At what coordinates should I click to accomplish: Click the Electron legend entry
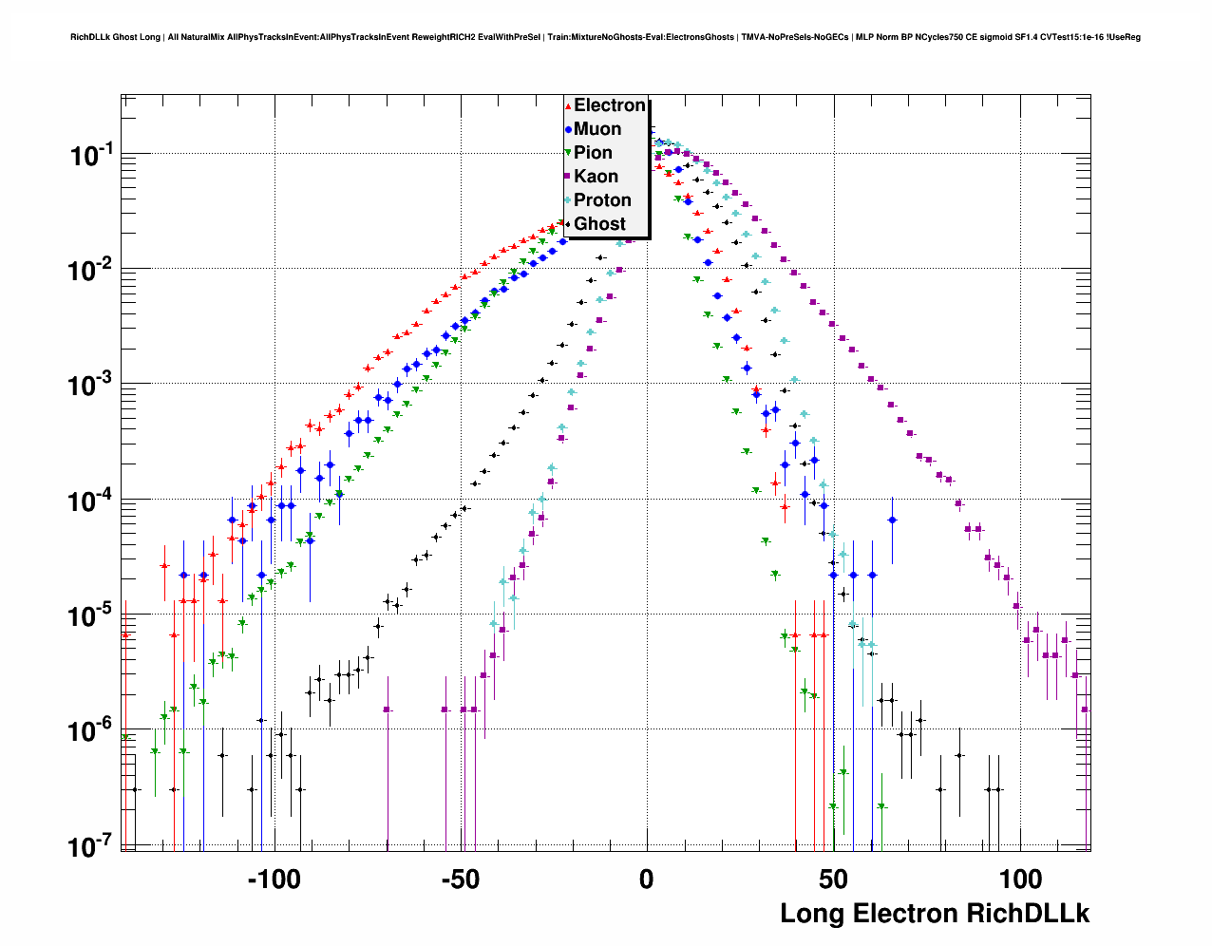point(609,105)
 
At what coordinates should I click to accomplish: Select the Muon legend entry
point(597,129)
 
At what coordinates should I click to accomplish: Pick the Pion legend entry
point(593,153)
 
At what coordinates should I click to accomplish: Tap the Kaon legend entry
point(596,177)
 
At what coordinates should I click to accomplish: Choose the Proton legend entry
point(602,200)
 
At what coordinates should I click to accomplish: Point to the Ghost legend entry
point(599,224)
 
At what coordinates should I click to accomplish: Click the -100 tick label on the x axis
point(274,880)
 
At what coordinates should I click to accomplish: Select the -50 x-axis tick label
point(461,880)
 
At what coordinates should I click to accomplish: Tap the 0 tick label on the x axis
point(647,880)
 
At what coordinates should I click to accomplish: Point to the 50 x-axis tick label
point(833,880)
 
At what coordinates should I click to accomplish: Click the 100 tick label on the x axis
point(1020,880)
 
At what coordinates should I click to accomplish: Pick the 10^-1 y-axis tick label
point(91,156)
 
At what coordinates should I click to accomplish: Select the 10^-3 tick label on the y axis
point(91,386)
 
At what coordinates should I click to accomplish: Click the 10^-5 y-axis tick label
point(91,616)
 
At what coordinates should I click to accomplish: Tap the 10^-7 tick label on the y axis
point(91,846)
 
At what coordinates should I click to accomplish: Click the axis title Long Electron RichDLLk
point(935,914)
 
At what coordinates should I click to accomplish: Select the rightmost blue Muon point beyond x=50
point(892,520)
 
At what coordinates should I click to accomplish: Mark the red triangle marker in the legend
point(568,105)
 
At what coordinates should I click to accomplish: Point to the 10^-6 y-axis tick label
point(91,731)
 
